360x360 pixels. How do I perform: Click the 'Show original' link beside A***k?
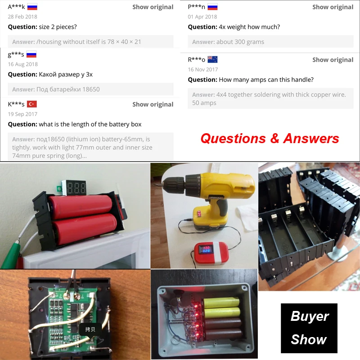point(153,7)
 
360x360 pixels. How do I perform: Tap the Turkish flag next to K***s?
point(32,104)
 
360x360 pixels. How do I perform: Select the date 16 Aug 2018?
point(23,64)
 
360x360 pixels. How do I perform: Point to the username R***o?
point(196,60)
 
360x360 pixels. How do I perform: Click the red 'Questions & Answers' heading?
point(270,138)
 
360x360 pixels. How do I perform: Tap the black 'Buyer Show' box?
point(309,328)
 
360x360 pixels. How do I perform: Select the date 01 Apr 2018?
point(202,17)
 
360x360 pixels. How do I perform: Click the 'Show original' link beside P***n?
point(333,7)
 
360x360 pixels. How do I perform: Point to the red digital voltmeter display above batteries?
point(75,188)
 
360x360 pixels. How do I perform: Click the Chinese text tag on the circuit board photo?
point(90,329)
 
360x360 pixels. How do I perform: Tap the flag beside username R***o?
point(212,59)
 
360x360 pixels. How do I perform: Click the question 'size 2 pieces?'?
point(42,27)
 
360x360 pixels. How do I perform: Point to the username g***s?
point(16,55)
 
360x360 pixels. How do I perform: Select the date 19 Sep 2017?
point(22,114)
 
